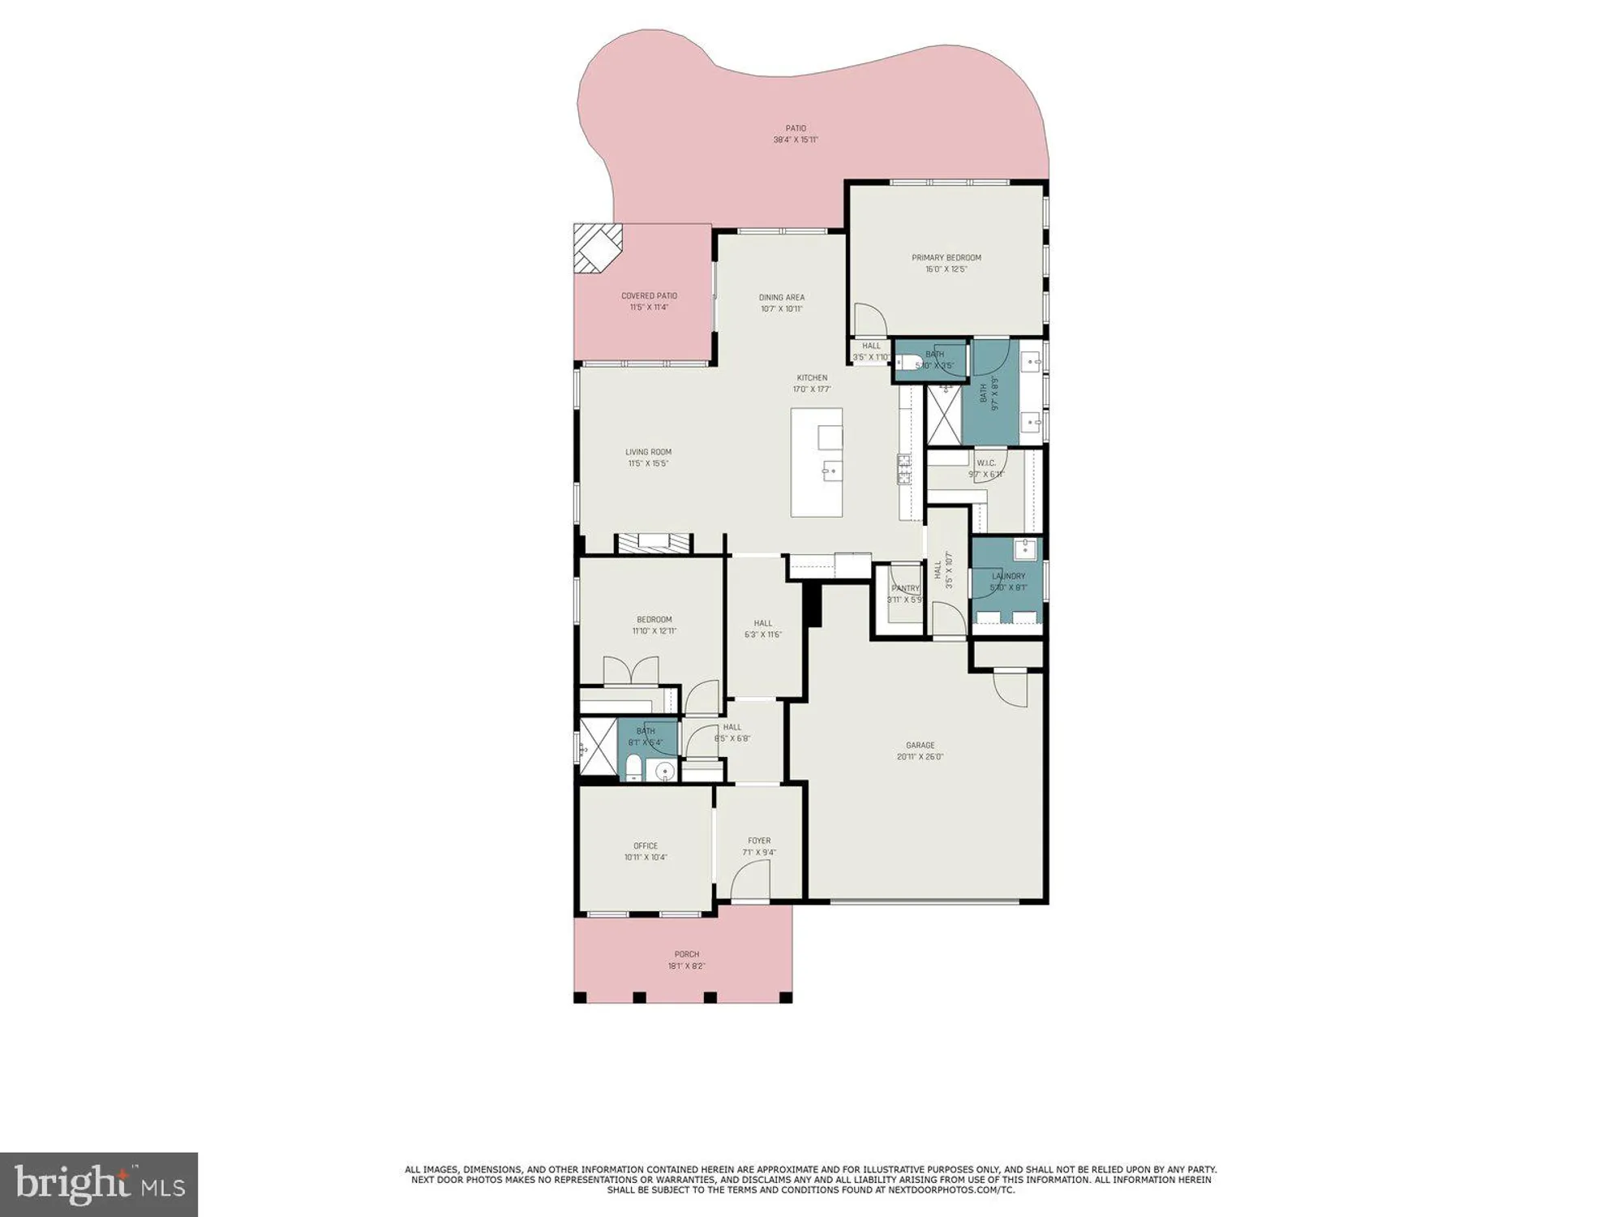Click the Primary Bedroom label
[946, 258]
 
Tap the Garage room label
[920, 745]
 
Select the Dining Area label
[781, 297]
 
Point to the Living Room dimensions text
[648, 464]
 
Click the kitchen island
[817, 462]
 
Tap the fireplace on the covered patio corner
[597, 249]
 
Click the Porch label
[686, 954]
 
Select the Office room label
[646, 845]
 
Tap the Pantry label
[905, 588]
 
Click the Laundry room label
[1008, 576]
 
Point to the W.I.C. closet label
[986, 463]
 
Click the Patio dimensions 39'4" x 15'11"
[795, 140]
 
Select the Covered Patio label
[649, 296]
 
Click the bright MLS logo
[98, 1184]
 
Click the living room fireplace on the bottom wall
[654, 543]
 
